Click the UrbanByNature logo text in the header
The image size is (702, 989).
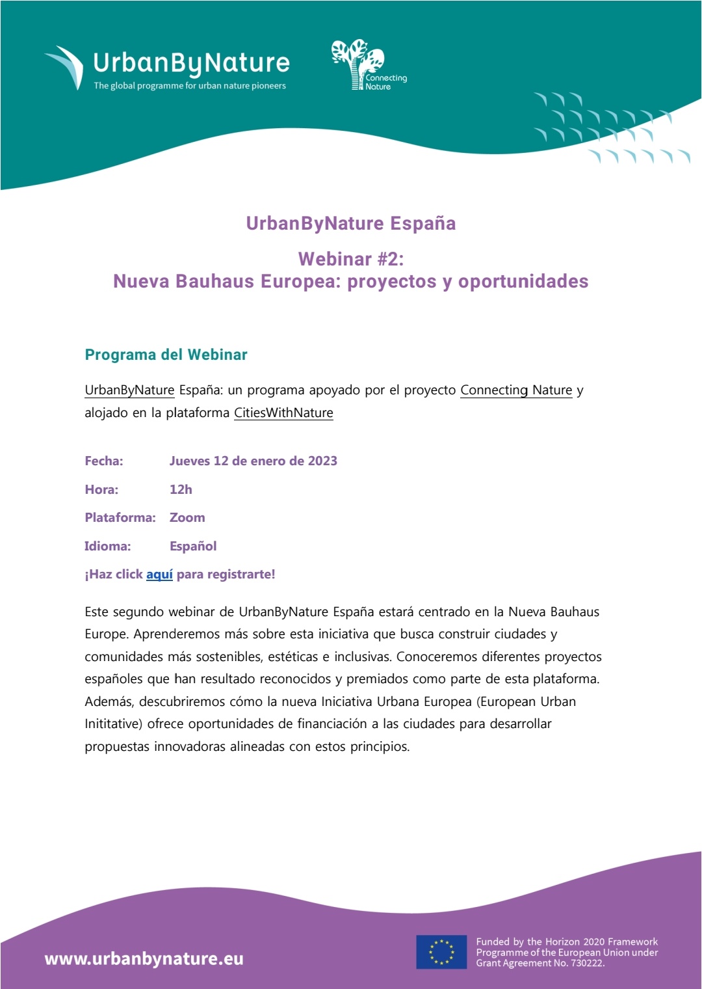[191, 63]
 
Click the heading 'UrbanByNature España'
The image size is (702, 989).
[351, 223]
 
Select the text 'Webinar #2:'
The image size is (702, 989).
[351, 259]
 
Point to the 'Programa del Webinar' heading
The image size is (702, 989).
[166, 355]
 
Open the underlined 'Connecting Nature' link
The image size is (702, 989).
[516, 390]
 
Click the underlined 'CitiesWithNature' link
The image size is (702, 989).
[283, 413]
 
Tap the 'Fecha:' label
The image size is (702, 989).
[104, 461]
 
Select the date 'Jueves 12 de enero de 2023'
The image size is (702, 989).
[253, 461]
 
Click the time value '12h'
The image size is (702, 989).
[181, 489]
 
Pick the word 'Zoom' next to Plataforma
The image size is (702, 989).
[187, 517]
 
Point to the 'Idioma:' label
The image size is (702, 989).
[108, 546]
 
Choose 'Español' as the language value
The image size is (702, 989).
[193, 546]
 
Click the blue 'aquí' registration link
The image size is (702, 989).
[159, 574]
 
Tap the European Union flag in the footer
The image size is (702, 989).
[441, 952]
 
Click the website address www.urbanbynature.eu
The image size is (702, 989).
[144, 958]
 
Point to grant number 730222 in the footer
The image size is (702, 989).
[586, 963]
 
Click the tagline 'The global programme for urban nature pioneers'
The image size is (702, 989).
[190, 86]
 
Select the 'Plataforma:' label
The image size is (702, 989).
[120, 517]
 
